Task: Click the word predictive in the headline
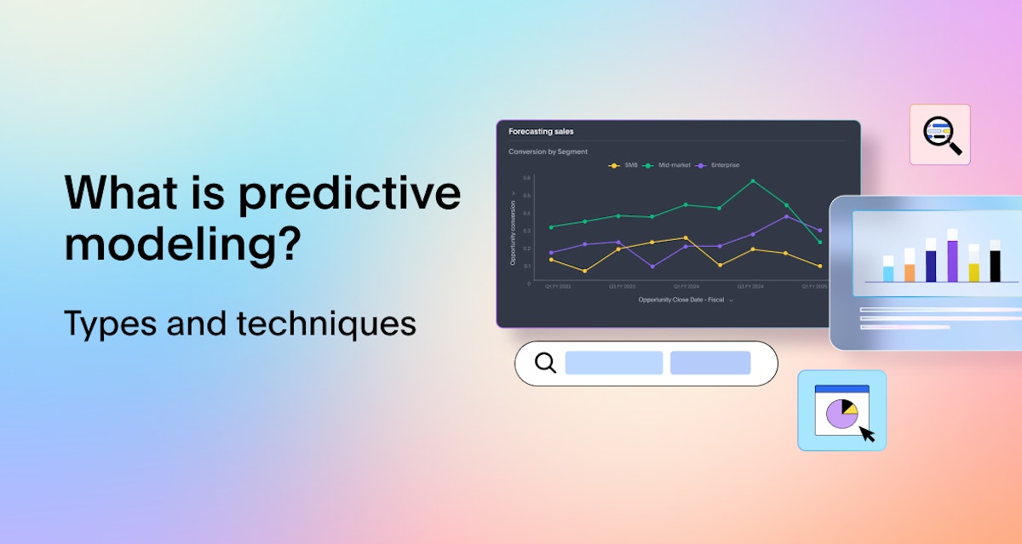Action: [349, 194]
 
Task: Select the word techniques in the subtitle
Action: [326, 324]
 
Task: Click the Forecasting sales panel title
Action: [541, 132]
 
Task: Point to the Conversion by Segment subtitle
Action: [548, 152]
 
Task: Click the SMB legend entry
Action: [626, 165]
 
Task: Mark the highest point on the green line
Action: [753, 180]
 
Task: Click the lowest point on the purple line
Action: [652, 266]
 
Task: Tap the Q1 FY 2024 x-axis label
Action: [686, 287]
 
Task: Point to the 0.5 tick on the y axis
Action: [526, 196]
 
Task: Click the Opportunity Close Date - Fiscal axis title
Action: [681, 300]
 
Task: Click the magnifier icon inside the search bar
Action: [545, 363]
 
